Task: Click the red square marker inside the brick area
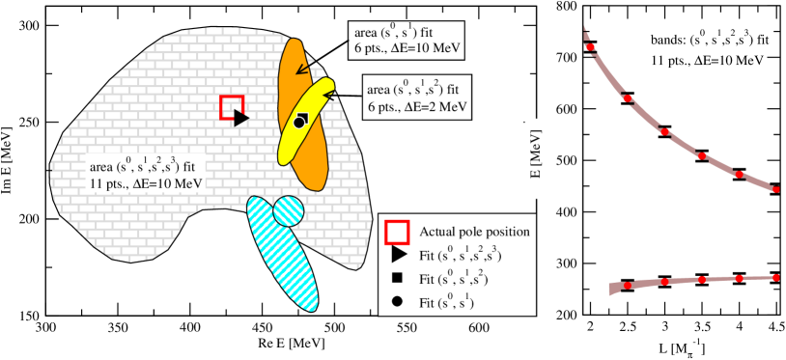point(232,107)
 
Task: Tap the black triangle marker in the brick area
point(241,118)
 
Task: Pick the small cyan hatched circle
point(288,209)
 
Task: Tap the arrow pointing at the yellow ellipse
point(331,95)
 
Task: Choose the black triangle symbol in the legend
point(397,256)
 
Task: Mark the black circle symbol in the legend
point(397,302)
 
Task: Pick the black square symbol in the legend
point(397,279)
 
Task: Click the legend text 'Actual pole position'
point(474,233)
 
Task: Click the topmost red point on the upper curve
point(589,46)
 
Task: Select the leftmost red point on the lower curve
point(628,286)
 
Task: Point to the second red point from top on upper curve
point(627,98)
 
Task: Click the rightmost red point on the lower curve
point(775,277)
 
